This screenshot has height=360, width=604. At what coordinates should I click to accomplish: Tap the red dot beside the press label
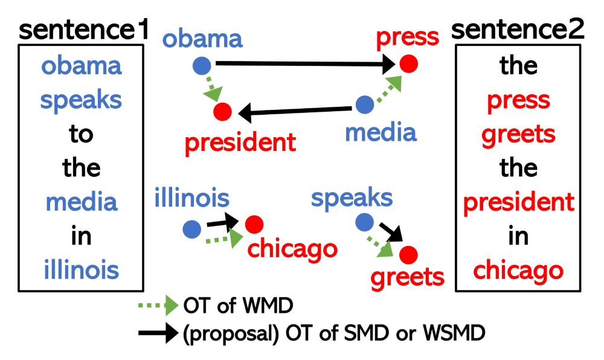[x=408, y=63]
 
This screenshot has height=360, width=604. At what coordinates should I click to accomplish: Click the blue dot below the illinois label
[x=191, y=228]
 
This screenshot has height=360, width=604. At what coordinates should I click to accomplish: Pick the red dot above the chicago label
[x=254, y=225]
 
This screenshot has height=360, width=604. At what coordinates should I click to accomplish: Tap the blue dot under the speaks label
[x=364, y=222]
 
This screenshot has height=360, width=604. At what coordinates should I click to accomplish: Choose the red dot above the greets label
[x=408, y=254]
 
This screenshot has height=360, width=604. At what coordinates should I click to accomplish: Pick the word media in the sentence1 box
[x=82, y=202]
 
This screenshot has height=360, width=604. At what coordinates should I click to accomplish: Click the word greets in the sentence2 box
[x=518, y=133]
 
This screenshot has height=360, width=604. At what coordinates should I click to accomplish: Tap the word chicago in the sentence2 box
[x=518, y=270]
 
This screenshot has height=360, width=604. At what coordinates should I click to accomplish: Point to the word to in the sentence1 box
[x=82, y=133]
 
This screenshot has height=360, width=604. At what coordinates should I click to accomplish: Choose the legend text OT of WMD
[x=237, y=306]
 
